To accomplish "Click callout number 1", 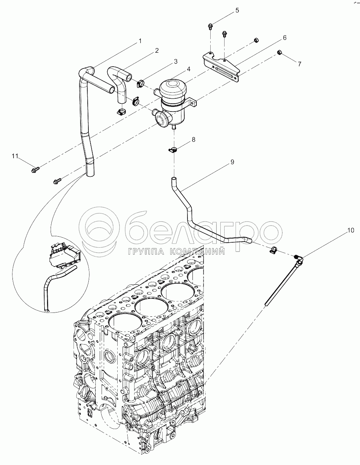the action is [x=140, y=41].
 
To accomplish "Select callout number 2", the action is [x=156, y=51].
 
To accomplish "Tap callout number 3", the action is [x=175, y=61].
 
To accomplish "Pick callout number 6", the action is [x=284, y=37].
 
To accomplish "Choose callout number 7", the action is [x=299, y=64].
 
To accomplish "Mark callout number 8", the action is [x=193, y=139].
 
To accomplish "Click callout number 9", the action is [x=232, y=162].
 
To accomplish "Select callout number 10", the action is [x=351, y=230].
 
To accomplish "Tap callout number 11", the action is [x=15, y=156].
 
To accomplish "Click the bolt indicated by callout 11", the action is [x=36, y=169].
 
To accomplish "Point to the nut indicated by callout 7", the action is [x=279, y=53].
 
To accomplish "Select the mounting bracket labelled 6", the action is [x=221, y=68].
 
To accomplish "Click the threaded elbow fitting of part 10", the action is [x=298, y=259].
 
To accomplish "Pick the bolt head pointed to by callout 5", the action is [x=210, y=26].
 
